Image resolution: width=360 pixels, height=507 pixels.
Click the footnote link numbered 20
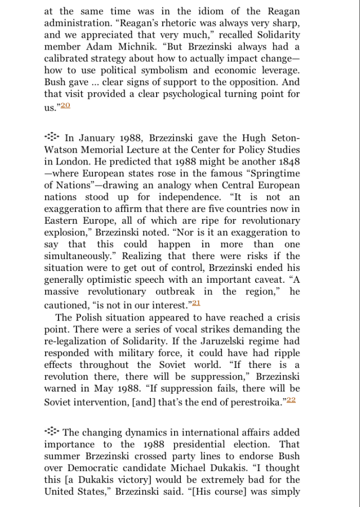click(66, 105)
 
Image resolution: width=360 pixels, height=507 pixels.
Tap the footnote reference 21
click(196, 303)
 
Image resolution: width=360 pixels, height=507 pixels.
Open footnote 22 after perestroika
click(291, 400)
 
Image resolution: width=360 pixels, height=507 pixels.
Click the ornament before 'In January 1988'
click(52, 137)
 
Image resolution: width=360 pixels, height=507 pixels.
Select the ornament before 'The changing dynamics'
click(52, 432)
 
